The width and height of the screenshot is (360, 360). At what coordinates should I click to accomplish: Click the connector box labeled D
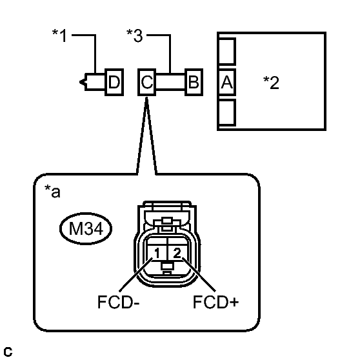point(114,82)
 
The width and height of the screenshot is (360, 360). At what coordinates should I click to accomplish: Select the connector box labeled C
point(147,82)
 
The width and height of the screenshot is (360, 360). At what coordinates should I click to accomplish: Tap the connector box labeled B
point(194,82)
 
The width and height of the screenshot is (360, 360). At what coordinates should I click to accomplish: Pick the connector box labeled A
point(227,82)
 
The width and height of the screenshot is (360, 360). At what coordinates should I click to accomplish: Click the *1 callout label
point(59,35)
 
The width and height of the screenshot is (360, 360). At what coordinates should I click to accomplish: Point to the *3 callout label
point(135,35)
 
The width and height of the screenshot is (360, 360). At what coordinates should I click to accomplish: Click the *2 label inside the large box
point(271,83)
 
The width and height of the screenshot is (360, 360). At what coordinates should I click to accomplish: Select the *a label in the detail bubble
point(52,191)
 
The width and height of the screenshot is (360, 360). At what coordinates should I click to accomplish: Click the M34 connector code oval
point(86,228)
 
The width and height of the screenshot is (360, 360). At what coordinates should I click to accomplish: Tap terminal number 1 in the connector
point(157,254)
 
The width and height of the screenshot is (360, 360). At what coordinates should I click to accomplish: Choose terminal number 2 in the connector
point(177,253)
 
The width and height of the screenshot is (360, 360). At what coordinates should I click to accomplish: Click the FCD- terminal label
point(119,302)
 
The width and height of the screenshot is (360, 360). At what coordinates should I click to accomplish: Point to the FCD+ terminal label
point(215,302)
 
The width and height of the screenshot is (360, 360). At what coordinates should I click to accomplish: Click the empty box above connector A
point(227,51)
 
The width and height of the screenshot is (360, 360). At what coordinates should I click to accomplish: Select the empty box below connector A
point(227,112)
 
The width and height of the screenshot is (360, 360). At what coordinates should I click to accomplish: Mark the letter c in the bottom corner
point(8,352)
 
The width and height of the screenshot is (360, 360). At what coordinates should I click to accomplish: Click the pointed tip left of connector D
point(80,82)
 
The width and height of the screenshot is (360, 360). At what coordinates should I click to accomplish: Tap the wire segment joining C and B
point(170,82)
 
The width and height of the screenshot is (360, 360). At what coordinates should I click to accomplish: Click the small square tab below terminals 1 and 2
point(167,266)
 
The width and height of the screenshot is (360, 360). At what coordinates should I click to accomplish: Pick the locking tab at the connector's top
point(167,221)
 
